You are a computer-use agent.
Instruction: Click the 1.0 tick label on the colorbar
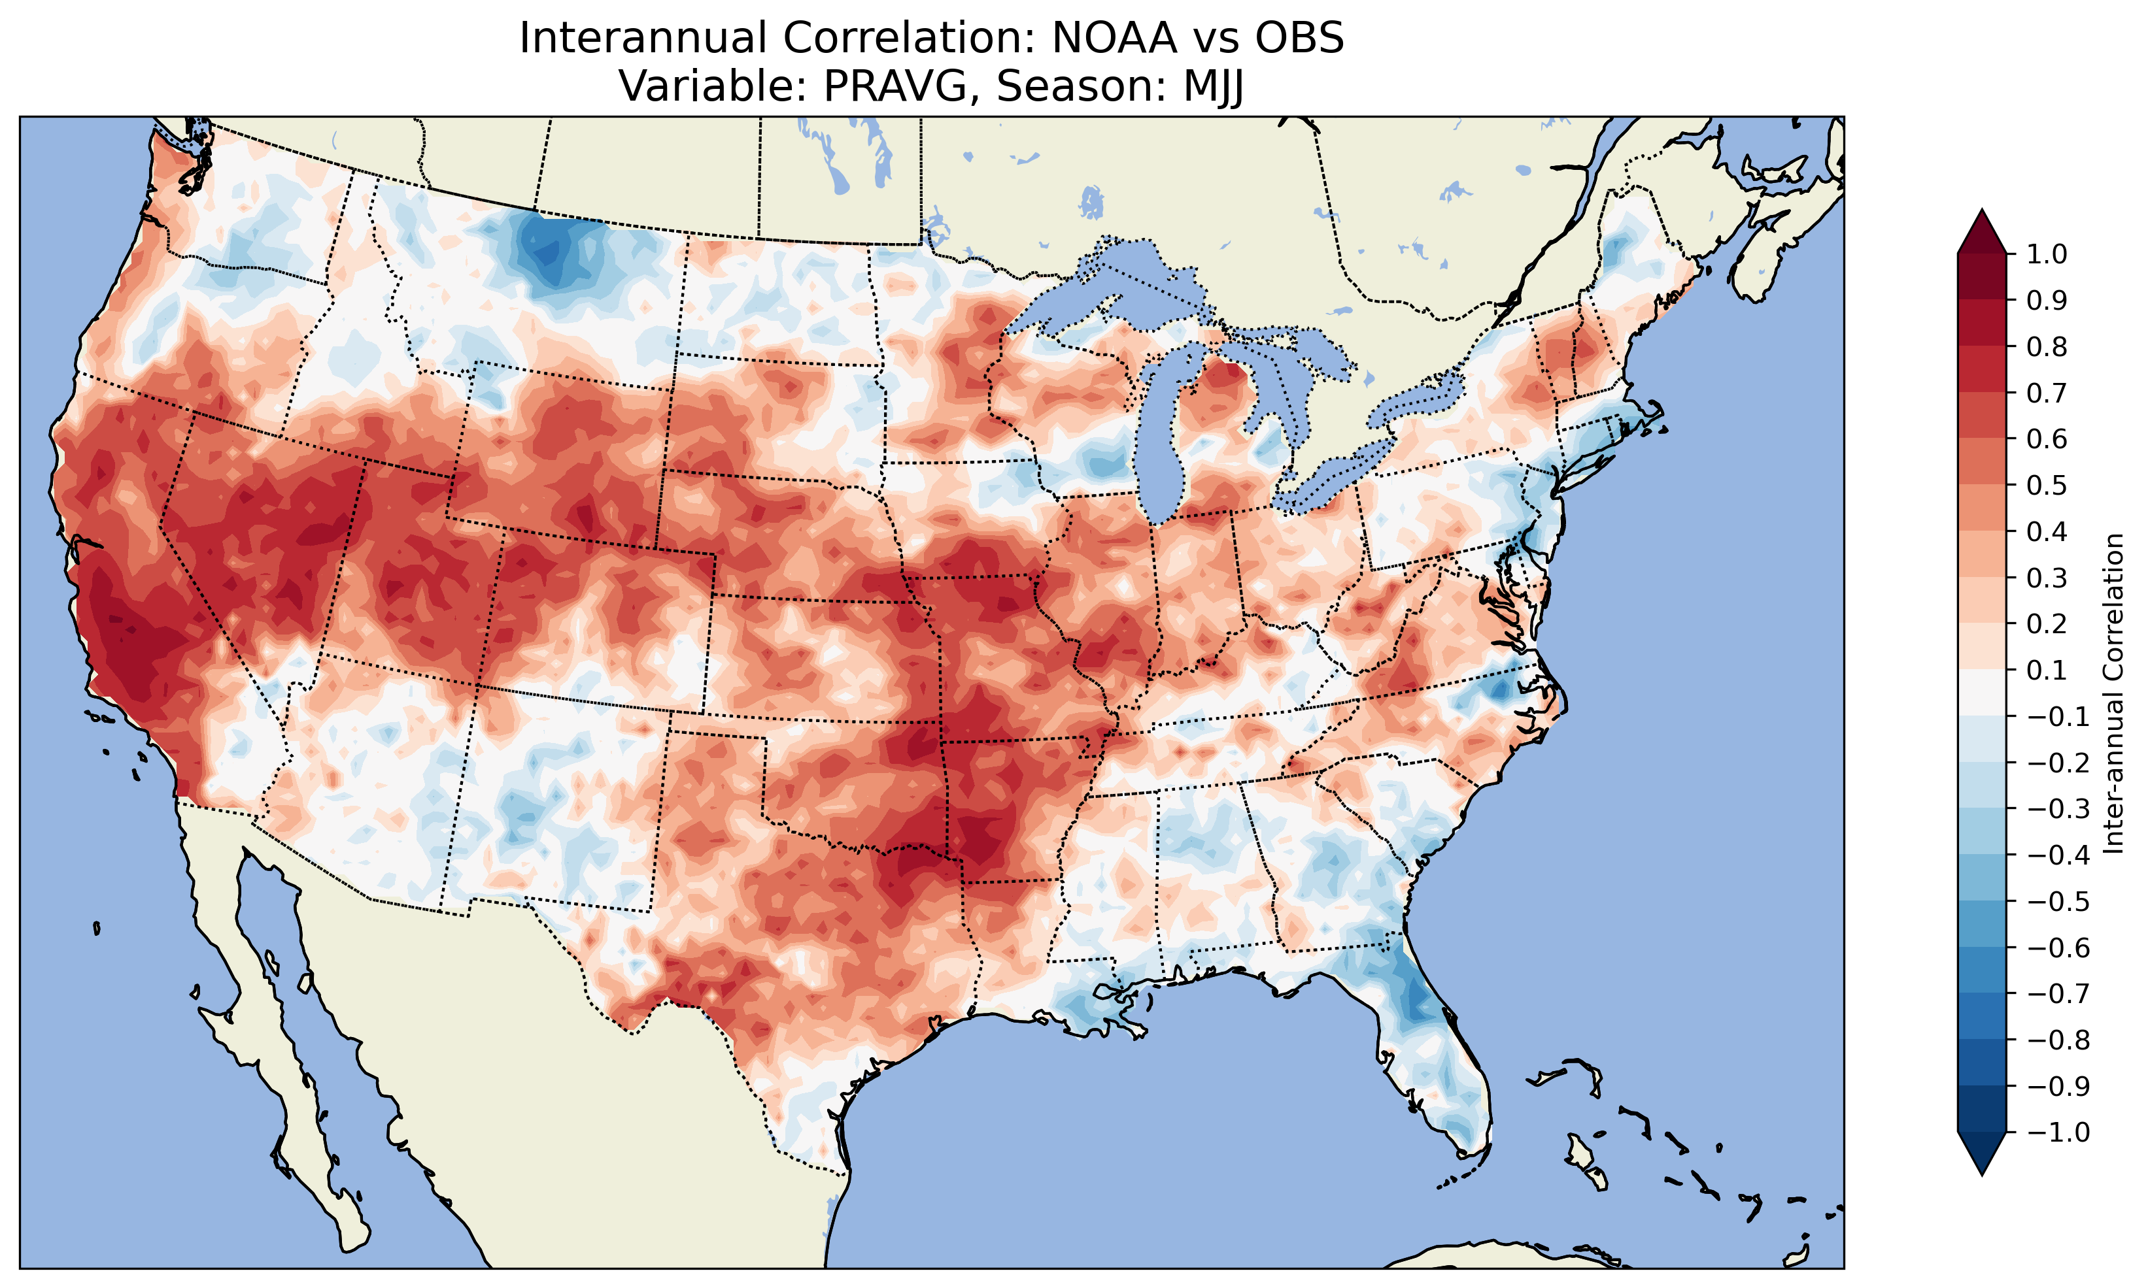point(2047,254)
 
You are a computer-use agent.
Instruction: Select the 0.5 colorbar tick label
point(2047,485)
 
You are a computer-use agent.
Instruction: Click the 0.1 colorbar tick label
point(2047,670)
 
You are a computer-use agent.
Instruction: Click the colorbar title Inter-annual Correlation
point(2114,693)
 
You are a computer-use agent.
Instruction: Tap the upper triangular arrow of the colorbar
point(1981,230)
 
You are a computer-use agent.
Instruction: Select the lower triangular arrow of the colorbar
point(1981,1154)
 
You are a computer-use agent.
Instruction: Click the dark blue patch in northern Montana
point(547,252)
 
